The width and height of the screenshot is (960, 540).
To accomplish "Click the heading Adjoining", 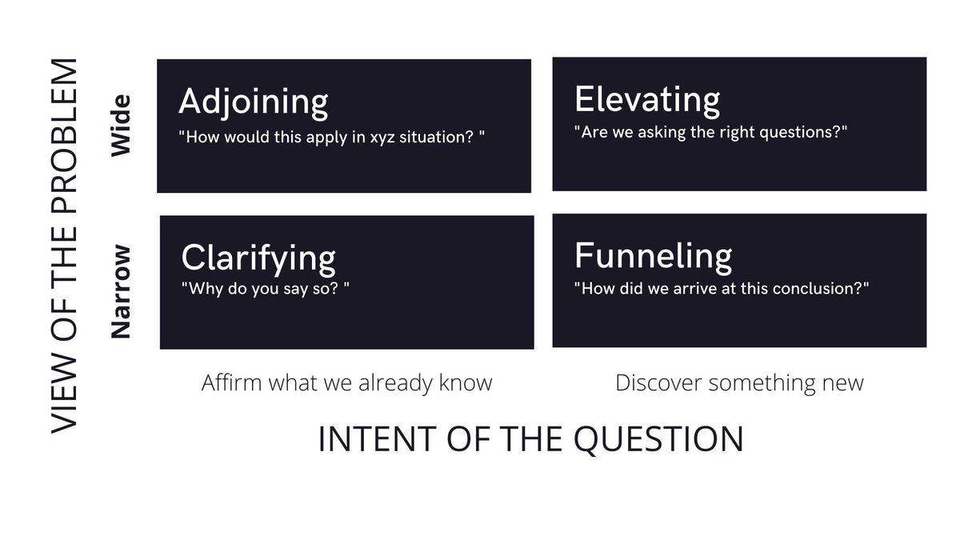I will (253, 102).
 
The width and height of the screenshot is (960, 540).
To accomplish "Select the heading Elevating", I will (646, 100).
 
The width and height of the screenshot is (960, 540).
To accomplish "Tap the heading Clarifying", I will (258, 258).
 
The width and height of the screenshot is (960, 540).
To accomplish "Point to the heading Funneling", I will (653, 256).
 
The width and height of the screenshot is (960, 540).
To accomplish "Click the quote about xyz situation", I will (331, 136).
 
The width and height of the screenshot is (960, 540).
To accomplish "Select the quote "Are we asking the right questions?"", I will (710, 132).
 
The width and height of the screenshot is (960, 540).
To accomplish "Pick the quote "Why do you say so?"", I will (266, 288).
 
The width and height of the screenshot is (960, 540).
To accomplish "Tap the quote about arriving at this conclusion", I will (722, 287).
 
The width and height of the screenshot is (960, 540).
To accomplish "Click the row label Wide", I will (120, 126).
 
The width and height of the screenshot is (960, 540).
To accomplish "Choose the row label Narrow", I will (120, 292).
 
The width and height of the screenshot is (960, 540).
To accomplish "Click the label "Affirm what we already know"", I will (346, 383).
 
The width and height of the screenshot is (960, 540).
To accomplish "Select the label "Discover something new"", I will (739, 383).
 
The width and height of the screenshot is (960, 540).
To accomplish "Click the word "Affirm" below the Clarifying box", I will (231, 383).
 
